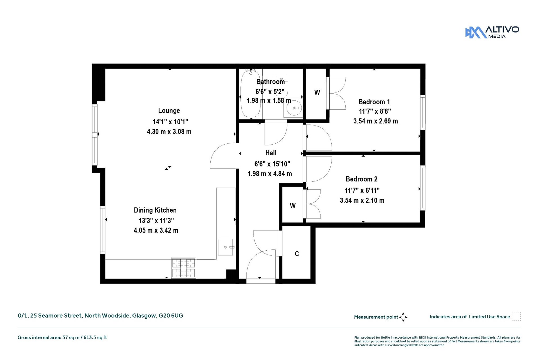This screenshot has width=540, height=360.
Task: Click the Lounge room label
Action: click(169, 111)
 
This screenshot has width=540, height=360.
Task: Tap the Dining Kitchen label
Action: click(155, 210)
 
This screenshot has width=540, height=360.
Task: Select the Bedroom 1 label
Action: click(374, 102)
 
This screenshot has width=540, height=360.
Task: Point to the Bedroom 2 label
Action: click(361, 179)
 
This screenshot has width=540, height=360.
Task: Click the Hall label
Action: click(271, 153)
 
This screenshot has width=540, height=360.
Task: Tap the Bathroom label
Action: click(271, 82)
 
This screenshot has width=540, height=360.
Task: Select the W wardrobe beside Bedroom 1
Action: click(317, 93)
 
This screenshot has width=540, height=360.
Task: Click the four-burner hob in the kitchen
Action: click(184, 268)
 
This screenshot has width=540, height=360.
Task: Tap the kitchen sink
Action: click(226, 247)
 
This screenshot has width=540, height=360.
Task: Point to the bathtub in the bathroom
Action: click(251, 94)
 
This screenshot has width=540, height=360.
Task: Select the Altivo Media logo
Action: click(492, 32)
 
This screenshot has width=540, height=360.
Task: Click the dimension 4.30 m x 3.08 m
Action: click(169, 131)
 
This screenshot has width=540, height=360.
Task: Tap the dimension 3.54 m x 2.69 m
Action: click(375, 121)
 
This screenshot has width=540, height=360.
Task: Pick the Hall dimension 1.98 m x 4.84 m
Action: click(270, 174)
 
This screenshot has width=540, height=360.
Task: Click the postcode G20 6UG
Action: click(171, 316)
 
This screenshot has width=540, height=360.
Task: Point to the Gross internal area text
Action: click(62, 337)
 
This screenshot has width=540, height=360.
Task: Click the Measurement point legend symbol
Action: click(403, 317)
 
